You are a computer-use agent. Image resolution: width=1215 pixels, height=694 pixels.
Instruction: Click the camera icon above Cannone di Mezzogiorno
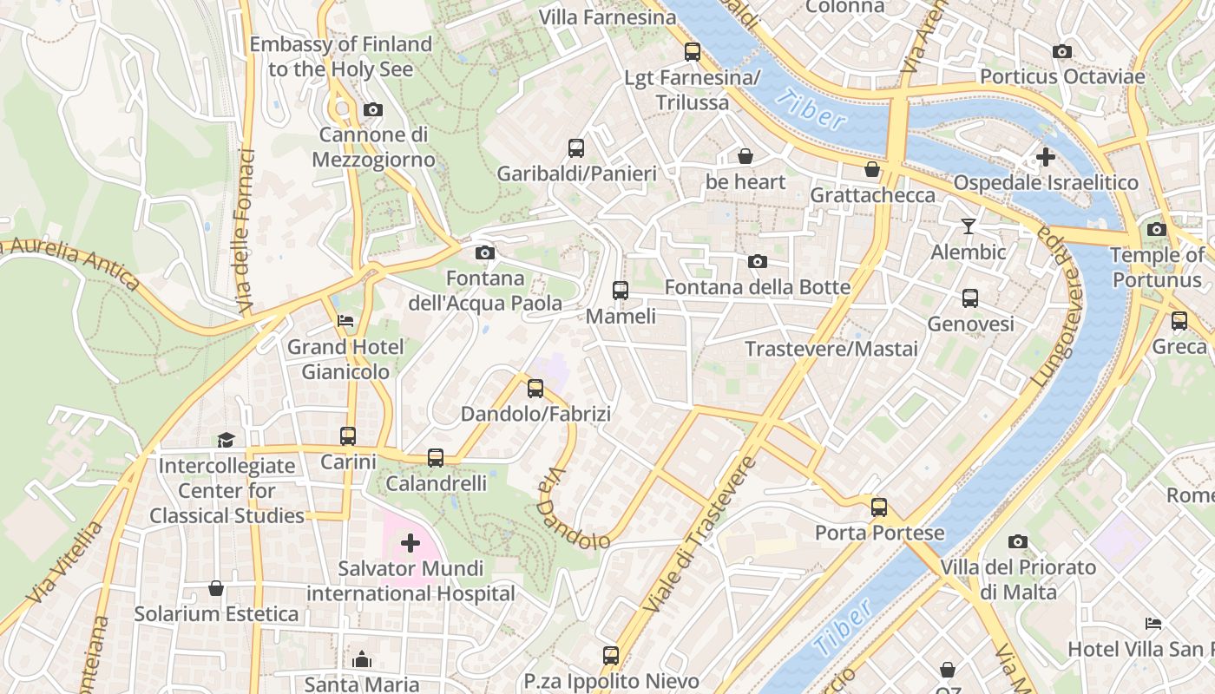(373, 109)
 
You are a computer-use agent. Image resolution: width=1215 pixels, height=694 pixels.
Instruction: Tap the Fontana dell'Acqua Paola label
(485, 291)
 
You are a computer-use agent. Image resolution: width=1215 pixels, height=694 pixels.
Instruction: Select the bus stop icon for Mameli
(620, 290)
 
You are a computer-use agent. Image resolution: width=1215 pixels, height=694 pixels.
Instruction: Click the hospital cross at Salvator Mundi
(410, 544)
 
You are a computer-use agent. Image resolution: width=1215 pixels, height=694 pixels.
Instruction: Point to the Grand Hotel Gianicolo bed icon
(345, 321)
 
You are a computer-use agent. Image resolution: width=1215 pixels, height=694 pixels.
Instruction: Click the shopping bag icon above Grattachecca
(872, 169)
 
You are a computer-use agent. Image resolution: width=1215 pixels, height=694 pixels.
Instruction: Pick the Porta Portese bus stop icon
(879, 507)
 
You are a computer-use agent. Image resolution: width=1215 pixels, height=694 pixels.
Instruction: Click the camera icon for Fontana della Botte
(758, 261)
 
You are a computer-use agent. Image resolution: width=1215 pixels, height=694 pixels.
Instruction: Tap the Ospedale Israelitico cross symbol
(1046, 157)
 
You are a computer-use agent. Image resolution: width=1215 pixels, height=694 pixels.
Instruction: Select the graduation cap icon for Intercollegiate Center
(226, 440)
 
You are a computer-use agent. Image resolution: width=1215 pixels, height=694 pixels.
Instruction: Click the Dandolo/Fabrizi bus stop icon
(535, 388)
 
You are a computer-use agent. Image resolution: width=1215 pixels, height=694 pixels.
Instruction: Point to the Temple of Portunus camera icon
(1157, 230)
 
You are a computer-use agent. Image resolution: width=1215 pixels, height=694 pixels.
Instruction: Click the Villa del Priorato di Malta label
(1018, 579)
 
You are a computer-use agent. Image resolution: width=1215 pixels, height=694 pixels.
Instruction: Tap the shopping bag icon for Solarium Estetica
(216, 588)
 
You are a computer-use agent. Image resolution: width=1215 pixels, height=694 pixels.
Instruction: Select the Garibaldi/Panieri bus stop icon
(576, 147)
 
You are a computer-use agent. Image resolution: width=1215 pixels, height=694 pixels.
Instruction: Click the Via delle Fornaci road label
(246, 231)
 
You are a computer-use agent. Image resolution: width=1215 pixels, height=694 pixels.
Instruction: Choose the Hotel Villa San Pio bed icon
(1153, 623)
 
